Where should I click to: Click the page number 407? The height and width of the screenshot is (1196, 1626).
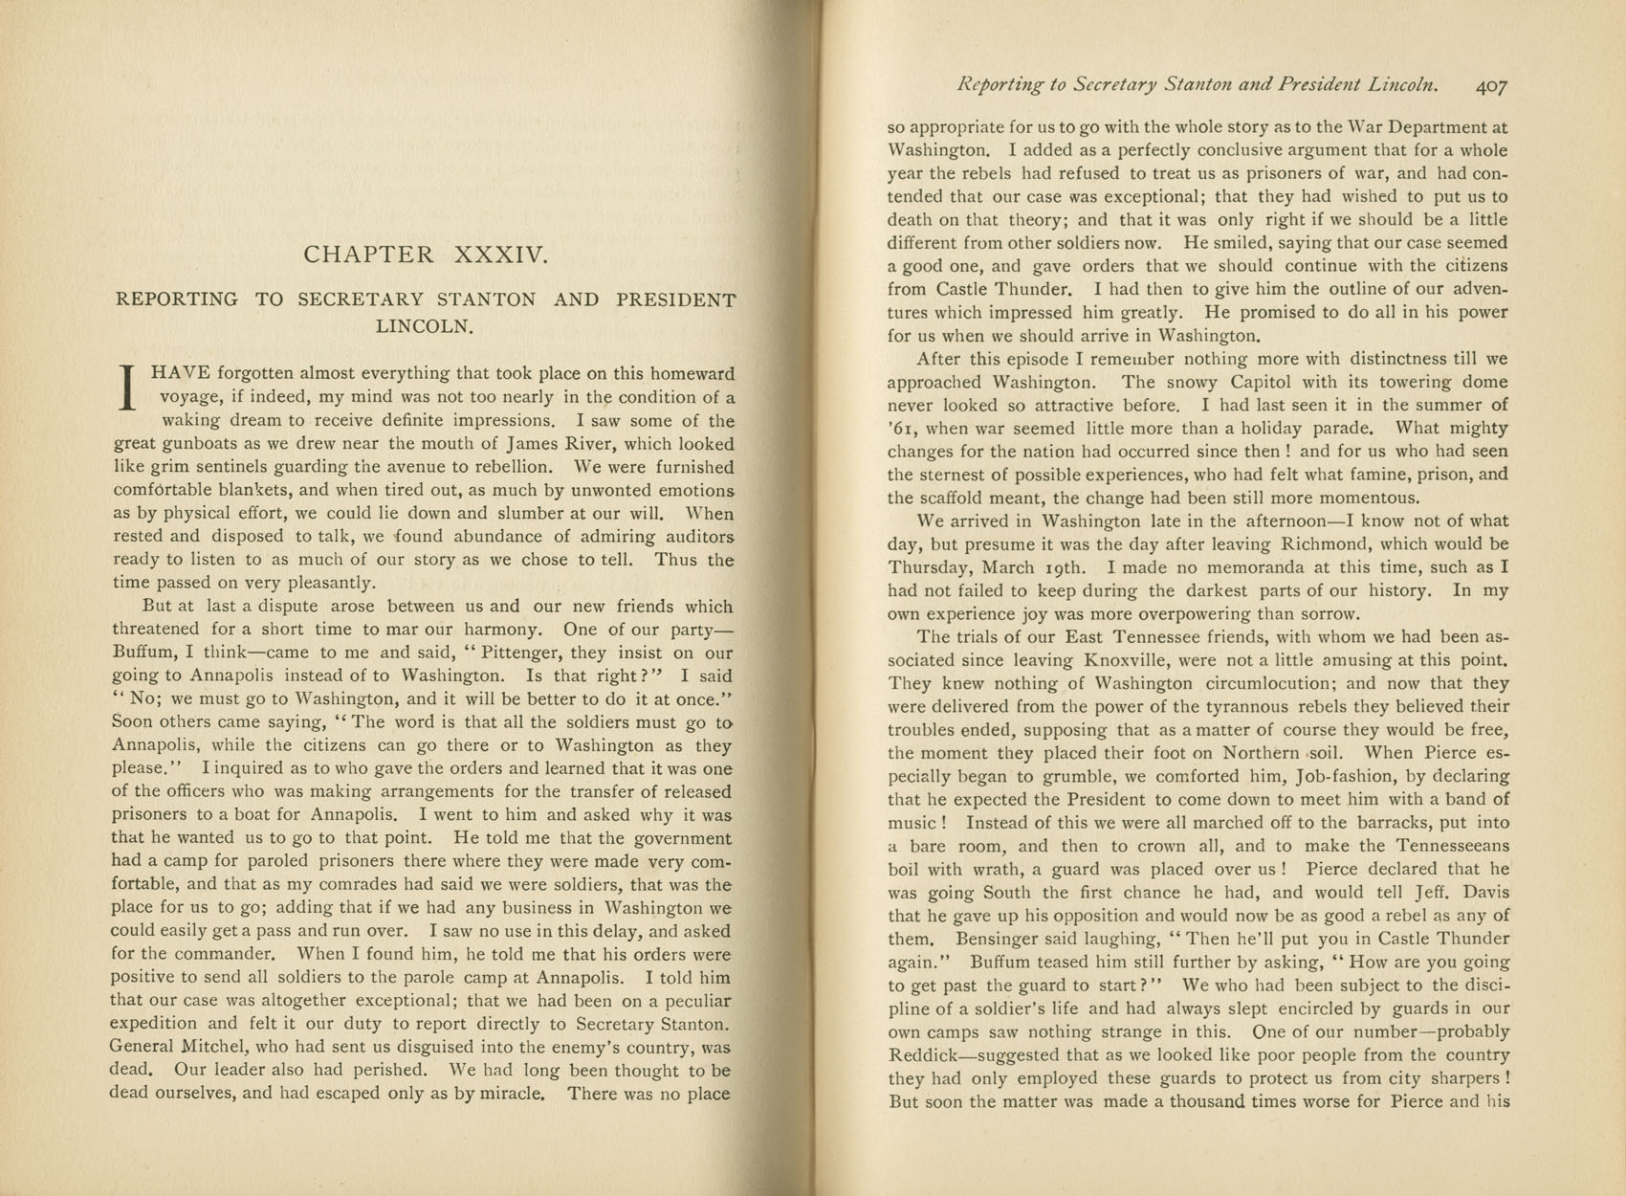(x=1491, y=85)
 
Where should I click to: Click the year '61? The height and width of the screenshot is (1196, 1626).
(x=902, y=429)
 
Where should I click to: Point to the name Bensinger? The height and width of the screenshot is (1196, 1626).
(x=993, y=939)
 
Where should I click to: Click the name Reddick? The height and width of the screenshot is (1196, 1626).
(x=926, y=1055)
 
